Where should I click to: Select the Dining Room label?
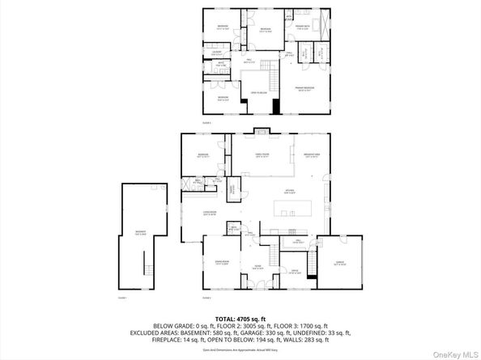tap(220, 262)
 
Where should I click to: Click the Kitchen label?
tap(289, 191)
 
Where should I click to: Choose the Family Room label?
tap(262, 156)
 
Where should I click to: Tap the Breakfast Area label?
tap(312, 156)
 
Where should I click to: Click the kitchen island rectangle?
tap(298, 214)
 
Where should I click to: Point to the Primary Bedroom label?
tap(304, 89)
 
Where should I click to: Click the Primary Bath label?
tap(303, 28)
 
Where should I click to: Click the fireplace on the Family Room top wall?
tap(259, 130)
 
